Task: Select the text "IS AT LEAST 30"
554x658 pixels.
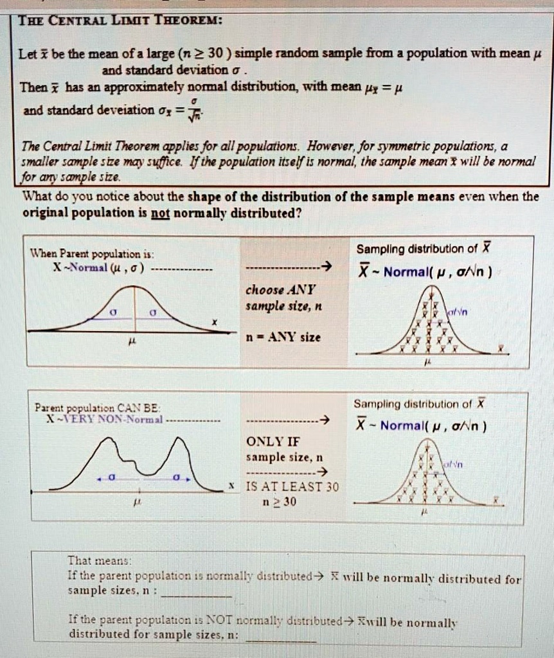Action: click(292, 486)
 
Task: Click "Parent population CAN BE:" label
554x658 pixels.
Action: click(98, 407)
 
